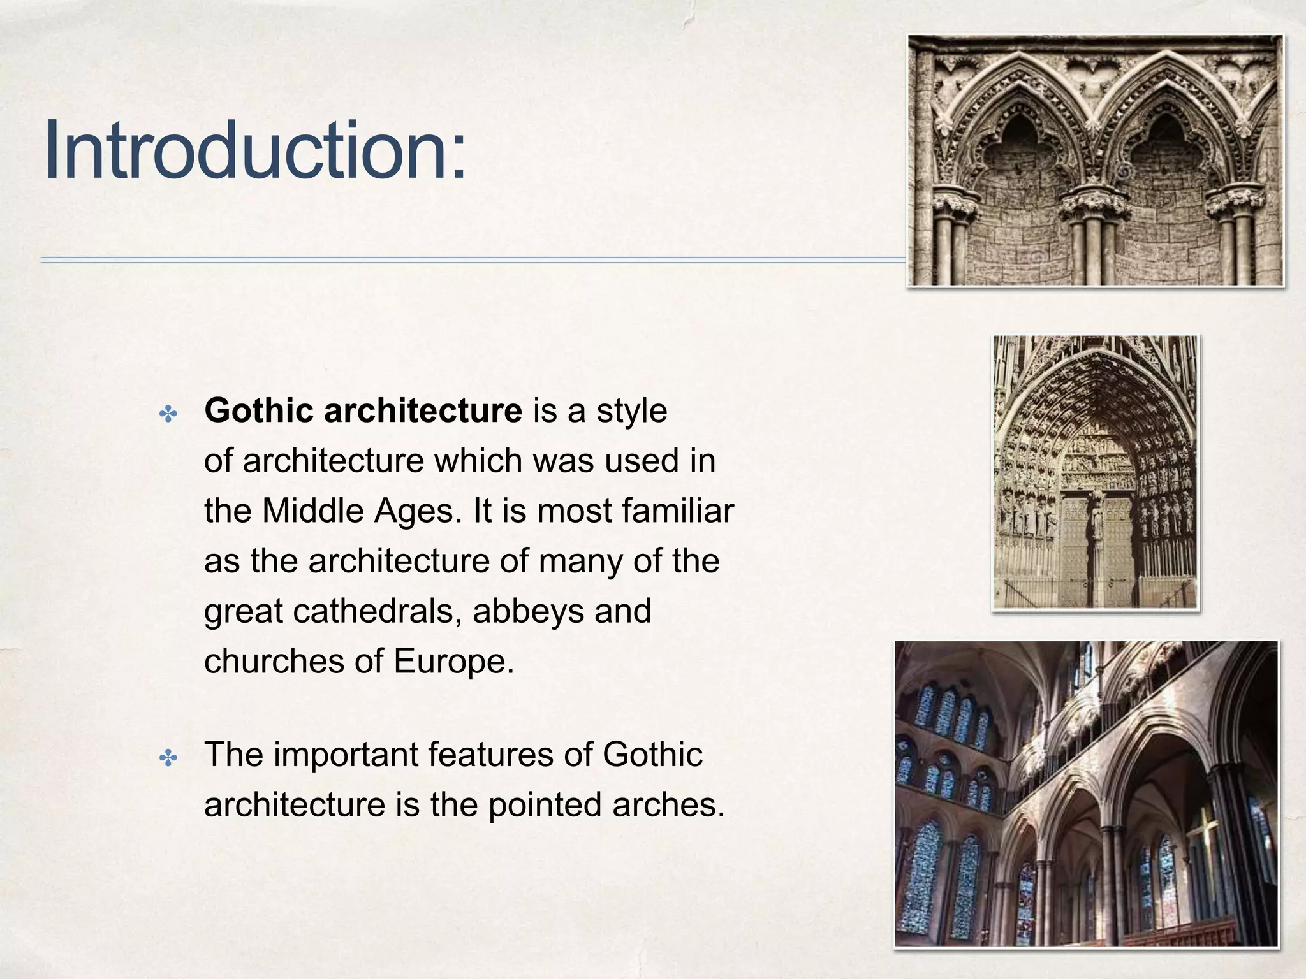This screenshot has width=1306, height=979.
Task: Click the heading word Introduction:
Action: pyautogui.click(x=255, y=152)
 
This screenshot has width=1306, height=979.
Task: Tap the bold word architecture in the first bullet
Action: pyautogui.click(x=423, y=410)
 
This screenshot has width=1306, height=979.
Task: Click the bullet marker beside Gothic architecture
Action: pyautogui.click(x=168, y=416)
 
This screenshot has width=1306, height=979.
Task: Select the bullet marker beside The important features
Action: pyautogui.click(x=168, y=758)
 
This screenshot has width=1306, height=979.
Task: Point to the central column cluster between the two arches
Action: pyautogui.click(x=1094, y=236)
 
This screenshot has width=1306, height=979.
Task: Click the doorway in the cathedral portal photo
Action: pyautogui.click(x=1096, y=548)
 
